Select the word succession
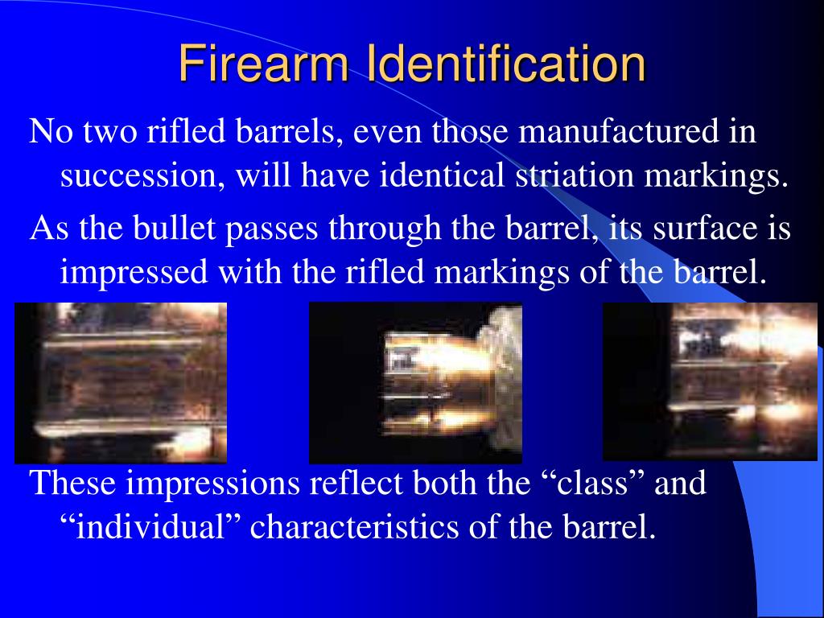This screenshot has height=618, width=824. [141, 175]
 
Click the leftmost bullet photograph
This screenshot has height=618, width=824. [122, 383]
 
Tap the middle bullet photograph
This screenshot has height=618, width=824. [415, 383]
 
